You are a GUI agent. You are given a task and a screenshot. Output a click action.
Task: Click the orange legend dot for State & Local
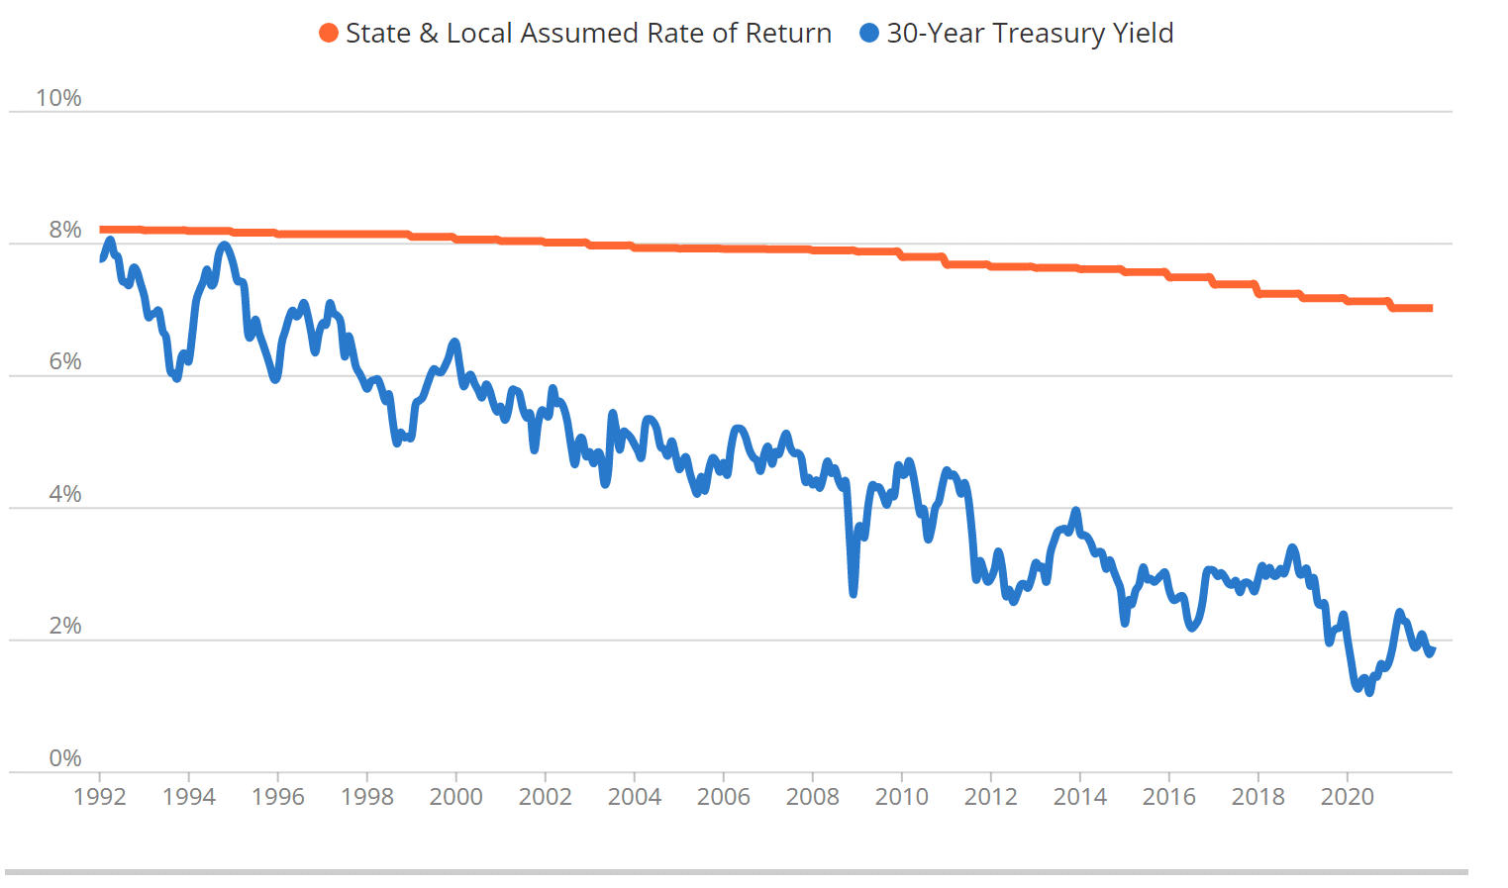click(329, 34)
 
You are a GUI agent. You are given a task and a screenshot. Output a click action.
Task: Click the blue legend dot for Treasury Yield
click(869, 34)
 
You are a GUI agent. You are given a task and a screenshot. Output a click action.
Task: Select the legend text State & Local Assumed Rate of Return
click(588, 34)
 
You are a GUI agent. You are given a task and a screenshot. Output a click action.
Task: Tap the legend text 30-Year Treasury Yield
click(1030, 34)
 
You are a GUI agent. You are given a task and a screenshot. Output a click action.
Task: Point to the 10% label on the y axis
click(58, 98)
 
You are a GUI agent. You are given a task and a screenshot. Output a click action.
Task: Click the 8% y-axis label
click(65, 230)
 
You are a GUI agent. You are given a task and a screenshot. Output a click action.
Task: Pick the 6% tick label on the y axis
click(65, 361)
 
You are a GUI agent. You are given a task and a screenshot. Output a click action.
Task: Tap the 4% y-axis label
click(65, 494)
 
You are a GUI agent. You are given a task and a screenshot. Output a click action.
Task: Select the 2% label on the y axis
click(65, 626)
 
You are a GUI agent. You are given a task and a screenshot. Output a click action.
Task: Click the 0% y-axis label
click(65, 758)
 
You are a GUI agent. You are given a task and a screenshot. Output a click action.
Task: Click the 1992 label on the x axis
click(100, 797)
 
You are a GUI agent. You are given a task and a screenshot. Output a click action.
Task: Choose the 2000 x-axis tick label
click(456, 797)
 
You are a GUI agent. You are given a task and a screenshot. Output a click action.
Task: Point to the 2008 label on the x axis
click(813, 797)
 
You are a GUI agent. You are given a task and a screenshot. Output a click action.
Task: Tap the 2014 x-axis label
click(1080, 797)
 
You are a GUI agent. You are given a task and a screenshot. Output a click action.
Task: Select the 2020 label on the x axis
click(1348, 797)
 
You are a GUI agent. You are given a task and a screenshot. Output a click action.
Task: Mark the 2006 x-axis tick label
click(724, 797)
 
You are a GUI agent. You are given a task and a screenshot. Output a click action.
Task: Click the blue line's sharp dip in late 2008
click(854, 592)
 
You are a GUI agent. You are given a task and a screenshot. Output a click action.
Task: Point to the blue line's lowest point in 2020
click(1369, 692)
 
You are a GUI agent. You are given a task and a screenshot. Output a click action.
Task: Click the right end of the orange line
click(1431, 308)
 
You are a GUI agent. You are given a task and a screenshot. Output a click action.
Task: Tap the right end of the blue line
click(1432, 649)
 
